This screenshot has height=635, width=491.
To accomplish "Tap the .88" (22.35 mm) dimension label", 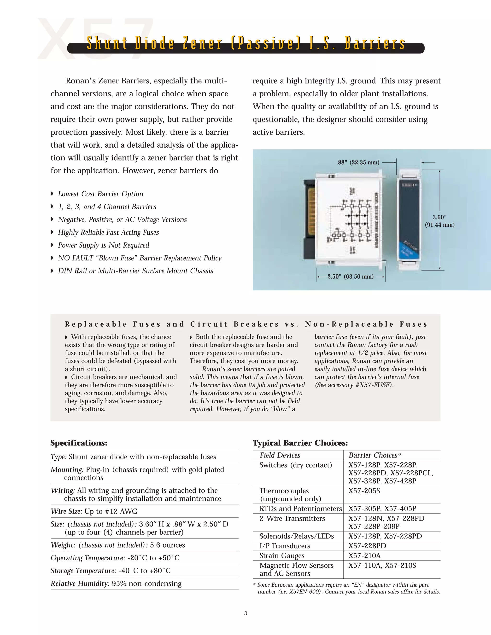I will coord(358,162).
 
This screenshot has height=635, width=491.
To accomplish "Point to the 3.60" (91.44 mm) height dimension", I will coord(439,221).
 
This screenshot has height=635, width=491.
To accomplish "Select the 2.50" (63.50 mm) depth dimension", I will coord(350,277).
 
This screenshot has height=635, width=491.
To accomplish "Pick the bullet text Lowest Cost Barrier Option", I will coord(100,194).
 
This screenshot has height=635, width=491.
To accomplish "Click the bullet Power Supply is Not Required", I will coord(103,245).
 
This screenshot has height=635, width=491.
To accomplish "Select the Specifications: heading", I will coord(79,443).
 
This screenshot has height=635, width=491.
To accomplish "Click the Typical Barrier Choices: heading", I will coord(300,443).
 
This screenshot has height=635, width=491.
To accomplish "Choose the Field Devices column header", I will coord(280,455).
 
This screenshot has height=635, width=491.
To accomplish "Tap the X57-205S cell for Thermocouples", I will coord(364,491).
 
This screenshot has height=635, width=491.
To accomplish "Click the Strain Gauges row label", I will coord(282,556).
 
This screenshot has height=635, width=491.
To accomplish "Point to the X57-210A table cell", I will coord(364,556).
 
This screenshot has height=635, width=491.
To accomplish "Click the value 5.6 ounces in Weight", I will coord(167,545).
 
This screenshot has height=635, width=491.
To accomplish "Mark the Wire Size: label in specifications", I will coord(67,511).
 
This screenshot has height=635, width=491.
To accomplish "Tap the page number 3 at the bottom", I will coord(246,613).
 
